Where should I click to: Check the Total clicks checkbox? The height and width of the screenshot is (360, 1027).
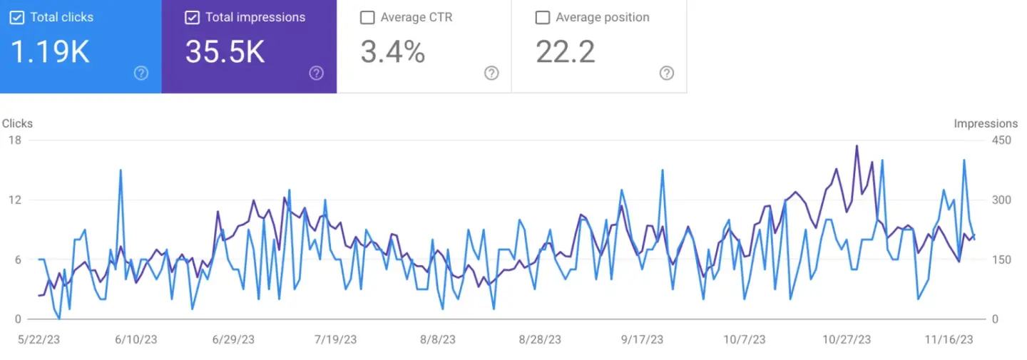click(x=17, y=17)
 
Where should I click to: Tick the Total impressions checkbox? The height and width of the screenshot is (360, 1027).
click(x=192, y=17)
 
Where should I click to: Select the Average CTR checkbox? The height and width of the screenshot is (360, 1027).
click(x=367, y=17)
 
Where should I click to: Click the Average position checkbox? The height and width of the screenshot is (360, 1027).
click(x=542, y=17)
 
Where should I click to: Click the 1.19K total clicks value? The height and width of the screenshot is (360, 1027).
click(x=50, y=52)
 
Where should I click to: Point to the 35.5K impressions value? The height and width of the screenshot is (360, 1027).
click(x=225, y=52)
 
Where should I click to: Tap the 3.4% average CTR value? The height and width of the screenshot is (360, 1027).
click(x=393, y=52)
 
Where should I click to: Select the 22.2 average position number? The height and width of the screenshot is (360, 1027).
click(x=566, y=52)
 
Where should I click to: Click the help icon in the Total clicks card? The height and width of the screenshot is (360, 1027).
click(x=141, y=73)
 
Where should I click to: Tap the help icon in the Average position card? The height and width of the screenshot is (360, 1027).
click(x=666, y=73)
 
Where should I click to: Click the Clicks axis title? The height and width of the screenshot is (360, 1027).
click(x=17, y=123)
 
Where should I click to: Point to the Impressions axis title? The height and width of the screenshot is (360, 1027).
click(x=986, y=123)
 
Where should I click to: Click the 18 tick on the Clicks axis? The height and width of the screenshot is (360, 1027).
click(x=14, y=140)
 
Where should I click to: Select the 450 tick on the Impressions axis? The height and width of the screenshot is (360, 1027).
click(x=1001, y=140)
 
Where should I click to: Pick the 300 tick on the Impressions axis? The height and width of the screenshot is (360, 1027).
click(x=1001, y=200)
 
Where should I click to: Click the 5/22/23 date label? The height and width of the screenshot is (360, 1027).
click(x=39, y=339)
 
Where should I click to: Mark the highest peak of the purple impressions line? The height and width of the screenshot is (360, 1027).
click(x=857, y=146)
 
